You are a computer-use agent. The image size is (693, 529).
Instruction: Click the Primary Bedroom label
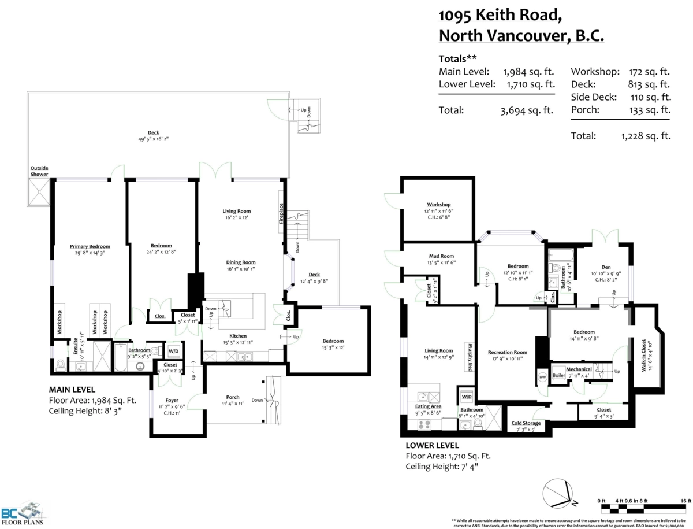click(90, 246)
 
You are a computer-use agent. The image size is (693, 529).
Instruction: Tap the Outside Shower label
click(39, 171)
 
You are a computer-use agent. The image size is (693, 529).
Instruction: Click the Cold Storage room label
click(526, 423)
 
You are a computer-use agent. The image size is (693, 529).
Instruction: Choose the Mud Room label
click(441, 256)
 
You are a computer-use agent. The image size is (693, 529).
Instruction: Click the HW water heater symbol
click(542, 376)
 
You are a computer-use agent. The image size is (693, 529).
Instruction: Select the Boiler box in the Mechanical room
click(558, 375)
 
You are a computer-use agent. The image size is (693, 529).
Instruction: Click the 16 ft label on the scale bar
click(685, 501)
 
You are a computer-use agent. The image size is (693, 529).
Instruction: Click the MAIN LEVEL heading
click(72, 389)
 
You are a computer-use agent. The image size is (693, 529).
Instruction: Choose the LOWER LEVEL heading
click(432, 445)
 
